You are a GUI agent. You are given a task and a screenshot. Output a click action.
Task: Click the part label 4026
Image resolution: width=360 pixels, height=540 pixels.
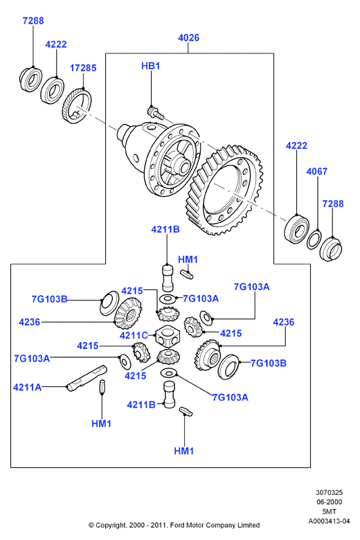(188, 37)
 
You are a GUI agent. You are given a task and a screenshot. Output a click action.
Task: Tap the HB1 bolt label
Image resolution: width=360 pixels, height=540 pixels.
(150, 66)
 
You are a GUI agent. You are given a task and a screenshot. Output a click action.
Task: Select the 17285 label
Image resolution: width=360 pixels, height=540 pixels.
(83, 68)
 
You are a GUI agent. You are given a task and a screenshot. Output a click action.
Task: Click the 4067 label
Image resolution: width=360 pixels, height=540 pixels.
(316, 171)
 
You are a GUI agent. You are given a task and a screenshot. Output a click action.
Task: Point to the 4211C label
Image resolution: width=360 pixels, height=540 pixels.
(134, 335)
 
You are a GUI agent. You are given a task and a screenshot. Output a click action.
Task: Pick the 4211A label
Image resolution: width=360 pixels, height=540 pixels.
(27, 387)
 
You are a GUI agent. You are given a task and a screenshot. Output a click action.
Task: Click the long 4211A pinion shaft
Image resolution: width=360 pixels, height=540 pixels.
(87, 379)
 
